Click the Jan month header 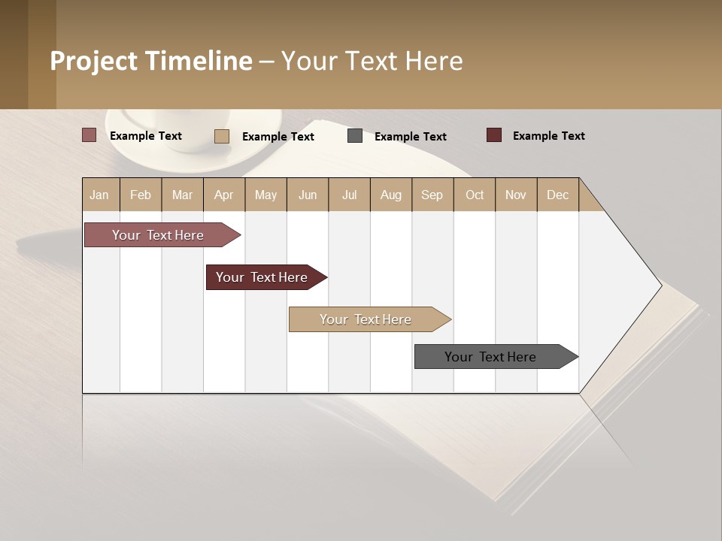coord(100,195)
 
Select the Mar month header coord(182,195)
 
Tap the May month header coord(265,195)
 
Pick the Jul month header coord(349,195)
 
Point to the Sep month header coord(432,195)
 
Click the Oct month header coord(475,195)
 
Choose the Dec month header coord(557,195)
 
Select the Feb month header coord(141,195)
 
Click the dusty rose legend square coord(89,135)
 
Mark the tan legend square coord(222,136)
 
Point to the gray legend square coord(355,136)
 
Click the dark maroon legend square coord(494,135)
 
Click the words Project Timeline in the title coord(151,61)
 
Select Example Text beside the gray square coord(411,137)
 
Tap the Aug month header coord(391,195)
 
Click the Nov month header coord(516,195)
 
